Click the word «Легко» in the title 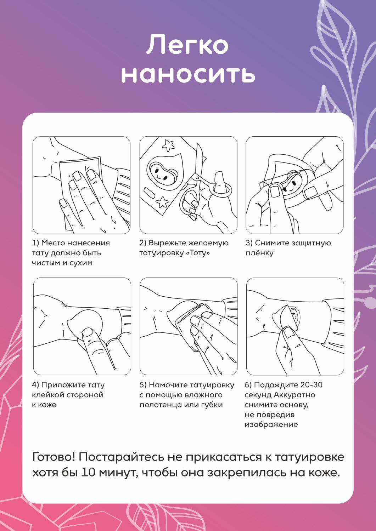pyautogui.click(x=187, y=45)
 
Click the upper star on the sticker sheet pyautogui.click(x=168, y=145)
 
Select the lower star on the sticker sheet pyautogui.click(x=163, y=202)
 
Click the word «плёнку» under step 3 pyautogui.click(x=259, y=253)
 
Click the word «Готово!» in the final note pyautogui.click(x=54, y=457)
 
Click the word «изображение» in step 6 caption pyautogui.click(x=271, y=424)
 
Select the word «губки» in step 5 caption pyautogui.click(x=211, y=405)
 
